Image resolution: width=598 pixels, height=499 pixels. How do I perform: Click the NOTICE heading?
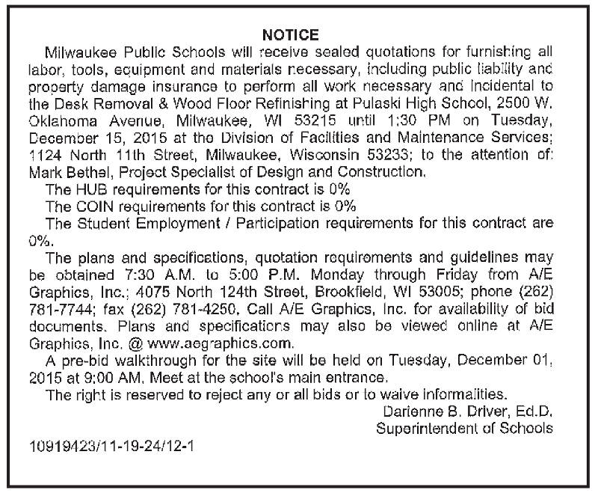pos(291,35)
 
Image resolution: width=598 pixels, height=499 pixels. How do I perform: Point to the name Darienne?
pos(413,411)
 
